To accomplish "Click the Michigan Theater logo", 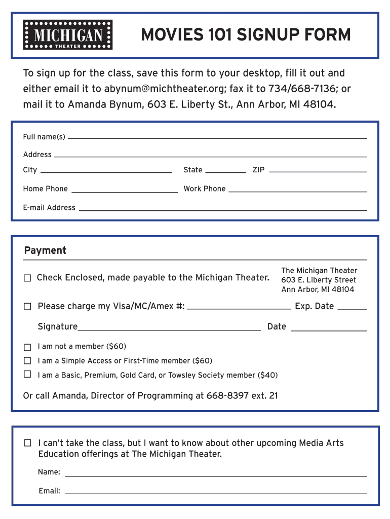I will [x=68, y=35].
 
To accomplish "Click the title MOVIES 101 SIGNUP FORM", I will [x=246, y=35].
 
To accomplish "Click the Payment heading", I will [x=45, y=250].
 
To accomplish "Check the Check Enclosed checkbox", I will [x=27, y=278].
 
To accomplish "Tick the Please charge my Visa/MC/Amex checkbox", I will [x=27, y=307].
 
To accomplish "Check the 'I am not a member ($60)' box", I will [x=27, y=347].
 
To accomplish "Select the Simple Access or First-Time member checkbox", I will [x=27, y=361].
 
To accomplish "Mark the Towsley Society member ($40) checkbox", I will [x=27, y=375].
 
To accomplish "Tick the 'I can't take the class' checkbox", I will [x=28, y=443].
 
